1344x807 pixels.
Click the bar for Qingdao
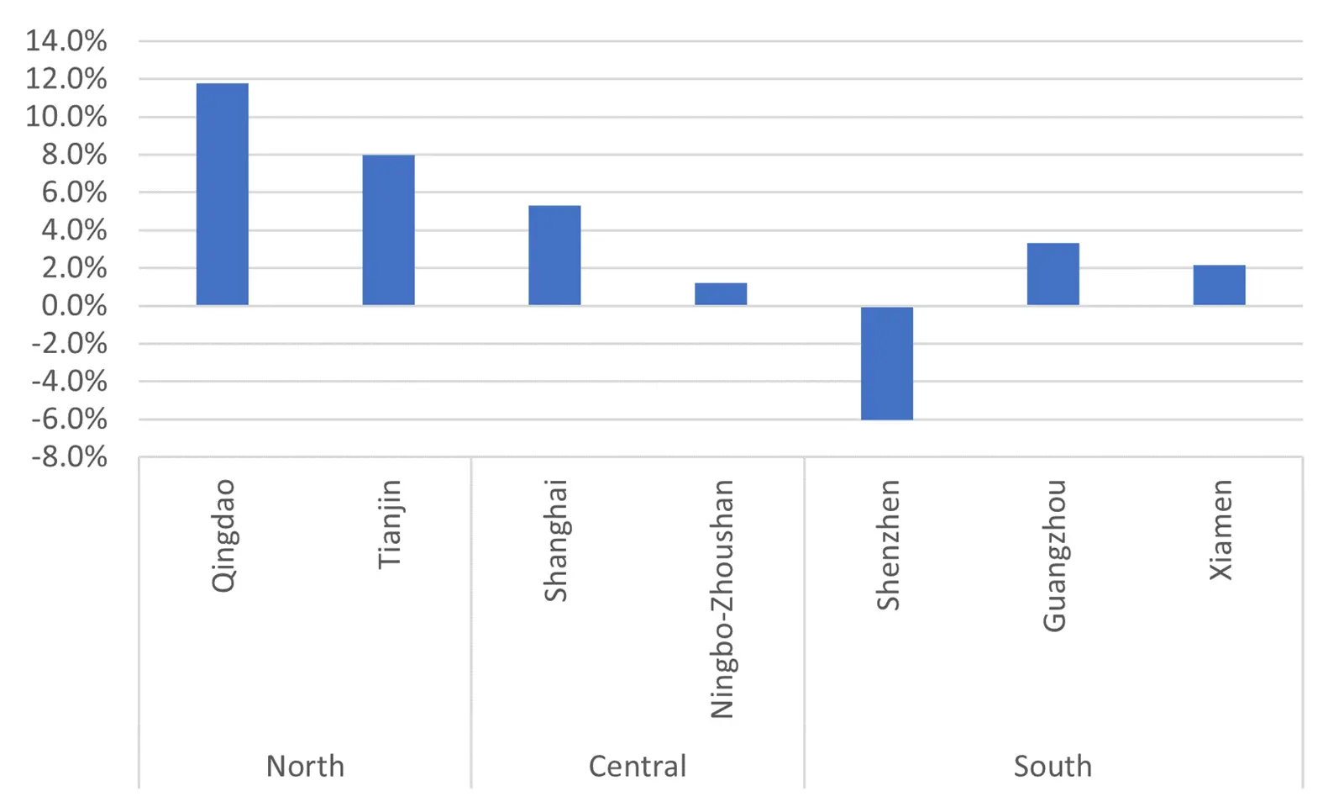tap(222, 194)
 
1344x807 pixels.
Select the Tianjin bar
tap(388, 230)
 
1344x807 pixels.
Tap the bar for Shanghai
tap(554, 256)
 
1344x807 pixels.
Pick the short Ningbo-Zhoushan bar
tap(721, 293)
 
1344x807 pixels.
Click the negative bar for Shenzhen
tap(887, 363)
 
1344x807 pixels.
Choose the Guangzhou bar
tap(1053, 274)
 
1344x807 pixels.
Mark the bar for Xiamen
tap(1219, 285)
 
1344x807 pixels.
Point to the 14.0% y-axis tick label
tap(66, 41)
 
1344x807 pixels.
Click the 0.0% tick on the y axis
tap(74, 306)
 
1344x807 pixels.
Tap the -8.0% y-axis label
tap(69, 457)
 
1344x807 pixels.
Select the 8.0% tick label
tap(74, 155)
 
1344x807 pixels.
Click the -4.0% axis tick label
tap(69, 382)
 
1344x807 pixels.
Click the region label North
tap(305, 766)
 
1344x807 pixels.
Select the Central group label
tap(638, 766)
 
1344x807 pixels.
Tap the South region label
tap(1053, 766)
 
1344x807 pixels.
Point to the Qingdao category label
tap(223, 535)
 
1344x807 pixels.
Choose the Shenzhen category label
tap(888, 545)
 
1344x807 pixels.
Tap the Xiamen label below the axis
tap(1221, 530)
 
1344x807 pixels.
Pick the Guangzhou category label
tap(1054, 556)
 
